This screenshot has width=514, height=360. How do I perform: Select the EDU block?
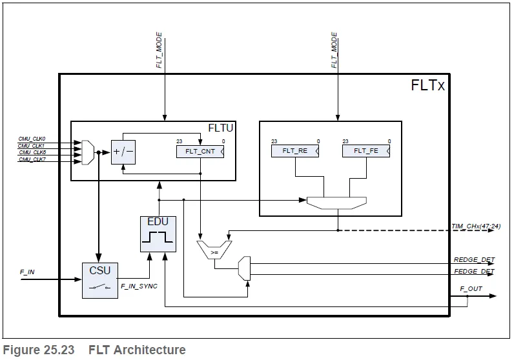(x=158, y=234)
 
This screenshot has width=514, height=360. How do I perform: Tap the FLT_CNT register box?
(x=200, y=152)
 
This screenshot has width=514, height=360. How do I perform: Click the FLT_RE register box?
(x=295, y=151)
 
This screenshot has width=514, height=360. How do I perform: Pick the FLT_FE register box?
(x=366, y=151)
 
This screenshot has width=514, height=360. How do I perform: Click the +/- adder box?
(x=123, y=152)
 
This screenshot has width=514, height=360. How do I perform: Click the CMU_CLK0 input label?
(x=32, y=139)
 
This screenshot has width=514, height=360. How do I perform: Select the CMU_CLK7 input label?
(x=32, y=159)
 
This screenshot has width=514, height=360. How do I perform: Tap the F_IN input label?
(x=27, y=272)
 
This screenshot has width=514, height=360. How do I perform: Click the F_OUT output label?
(x=471, y=288)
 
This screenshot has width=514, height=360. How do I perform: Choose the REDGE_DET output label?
(x=474, y=260)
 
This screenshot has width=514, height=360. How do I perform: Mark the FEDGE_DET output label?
(x=474, y=272)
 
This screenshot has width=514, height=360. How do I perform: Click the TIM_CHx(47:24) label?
(x=476, y=226)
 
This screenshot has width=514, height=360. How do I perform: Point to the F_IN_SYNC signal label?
(x=139, y=285)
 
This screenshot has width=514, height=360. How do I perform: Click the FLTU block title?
(x=221, y=128)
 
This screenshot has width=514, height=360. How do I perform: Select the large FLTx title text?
(x=427, y=85)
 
